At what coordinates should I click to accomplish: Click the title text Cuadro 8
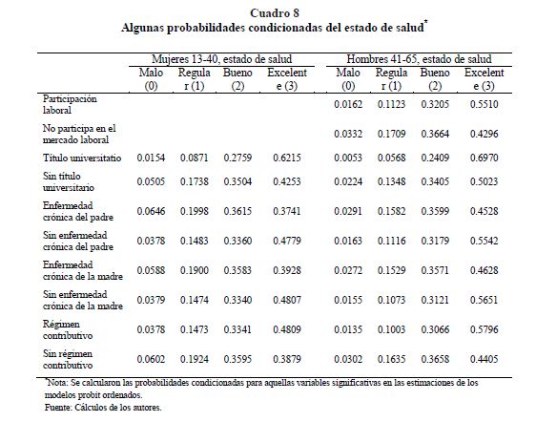(275, 13)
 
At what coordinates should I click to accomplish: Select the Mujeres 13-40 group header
(221, 59)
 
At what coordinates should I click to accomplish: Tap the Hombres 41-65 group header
(419, 59)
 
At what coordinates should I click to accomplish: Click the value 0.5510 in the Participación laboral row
(484, 104)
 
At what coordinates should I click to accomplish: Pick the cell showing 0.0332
(348, 134)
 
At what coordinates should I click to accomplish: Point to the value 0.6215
(287, 158)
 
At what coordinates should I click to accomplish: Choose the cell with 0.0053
(348, 158)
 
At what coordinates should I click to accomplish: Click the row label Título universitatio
(82, 158)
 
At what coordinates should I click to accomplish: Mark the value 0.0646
(151, 211)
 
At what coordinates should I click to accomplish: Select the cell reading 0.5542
(484, 241)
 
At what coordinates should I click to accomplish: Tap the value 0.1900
(195, 270)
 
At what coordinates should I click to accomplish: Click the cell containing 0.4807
(287, 300)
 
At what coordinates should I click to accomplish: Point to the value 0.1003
(391, 329)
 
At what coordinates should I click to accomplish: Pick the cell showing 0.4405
(484, 359)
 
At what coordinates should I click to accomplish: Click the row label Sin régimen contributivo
(68, 359)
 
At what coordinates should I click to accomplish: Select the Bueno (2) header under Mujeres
(237, 79)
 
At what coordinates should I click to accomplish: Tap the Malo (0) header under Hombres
(348, 79)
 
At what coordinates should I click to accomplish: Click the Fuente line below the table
(103, 408)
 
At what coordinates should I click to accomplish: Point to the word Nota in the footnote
(54, 383)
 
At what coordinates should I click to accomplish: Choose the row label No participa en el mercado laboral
(79, 134)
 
